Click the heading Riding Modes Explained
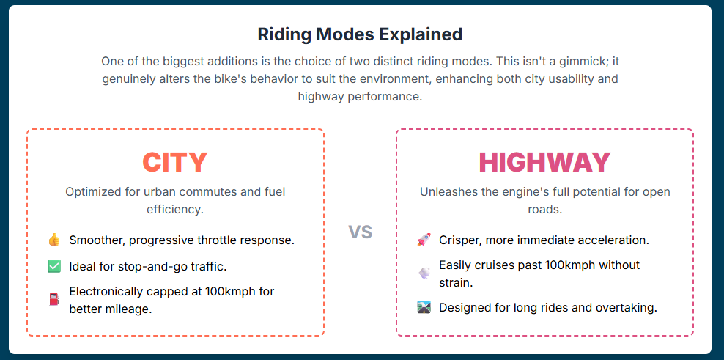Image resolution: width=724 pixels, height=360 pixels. pyautogui.click(x=360, y=34)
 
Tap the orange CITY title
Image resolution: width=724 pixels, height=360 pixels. pyautogui.click(x=175, y=162)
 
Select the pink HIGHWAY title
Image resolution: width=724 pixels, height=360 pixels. pyautogui.click(x=545, y=162)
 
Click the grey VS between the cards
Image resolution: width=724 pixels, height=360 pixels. pyautogui.click(x=360, y=232)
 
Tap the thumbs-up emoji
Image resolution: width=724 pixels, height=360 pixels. pyautogui.click(x=54, y=240)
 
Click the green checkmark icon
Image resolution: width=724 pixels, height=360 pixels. pyautogui.click(x=54, y=266)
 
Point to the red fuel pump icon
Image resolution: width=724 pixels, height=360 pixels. pyautogui.click(x=54, y=300)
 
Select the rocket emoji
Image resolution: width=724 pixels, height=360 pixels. pyautogui.click(x=424, y=240)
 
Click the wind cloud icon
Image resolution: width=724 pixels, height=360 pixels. pyautogui.click(x=424, y=273)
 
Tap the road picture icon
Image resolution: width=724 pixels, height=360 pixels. pyautogui.click(x=424, y=307)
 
